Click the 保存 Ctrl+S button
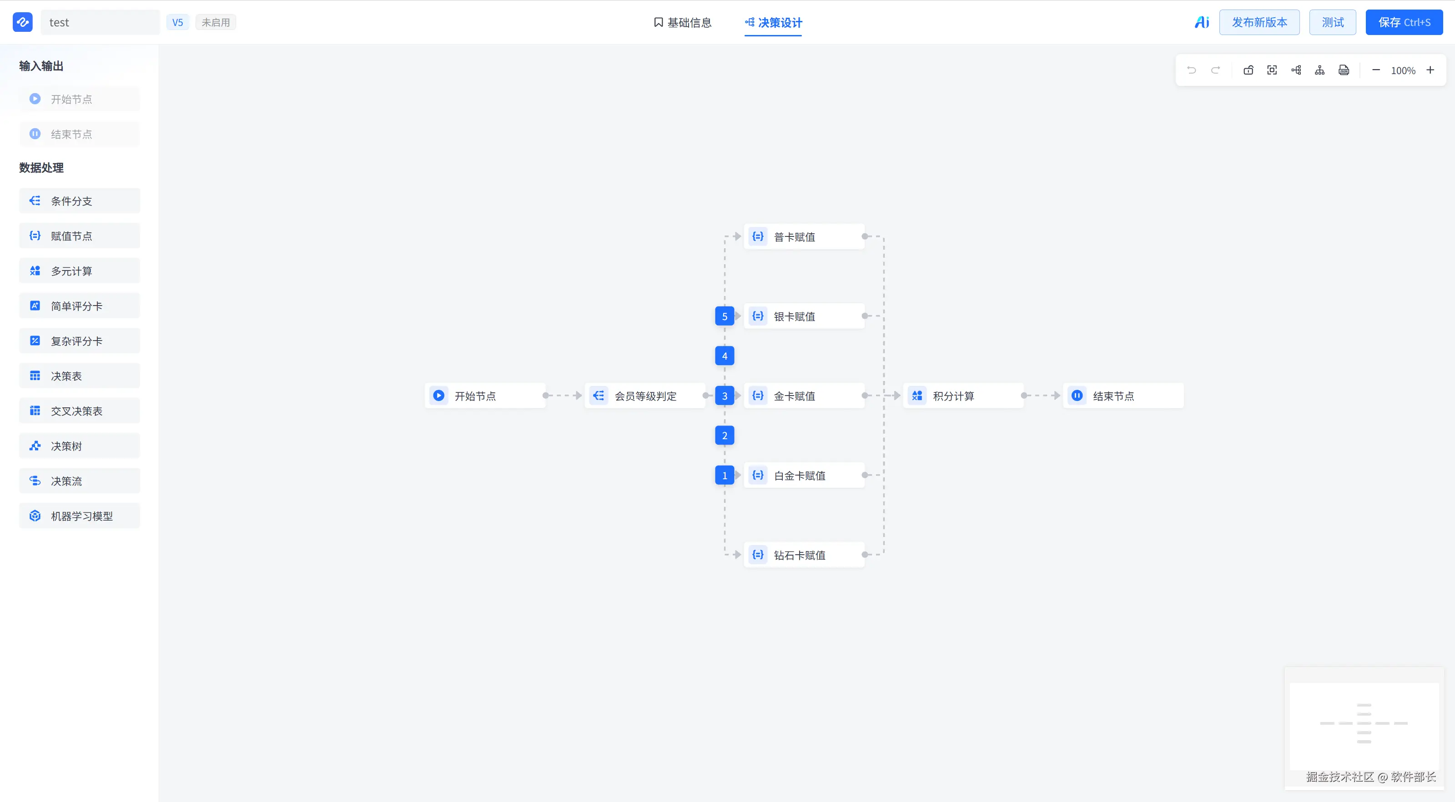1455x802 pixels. coord(1404,23)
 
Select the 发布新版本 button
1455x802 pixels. coord(1259,23)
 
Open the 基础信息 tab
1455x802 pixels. coord(682,23)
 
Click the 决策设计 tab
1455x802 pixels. coord(773,23)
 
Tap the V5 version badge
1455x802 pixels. coord(177,23)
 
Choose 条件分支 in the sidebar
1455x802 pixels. coord(80,201)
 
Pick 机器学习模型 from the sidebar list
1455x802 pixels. coord(80,516)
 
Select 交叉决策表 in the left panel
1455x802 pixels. coord(80,411)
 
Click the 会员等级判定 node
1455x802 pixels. coord(644,396)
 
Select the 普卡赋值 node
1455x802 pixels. coord(804,237)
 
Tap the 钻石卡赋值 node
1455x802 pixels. coord(804,555)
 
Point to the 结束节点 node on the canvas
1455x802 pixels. coord(1123,396)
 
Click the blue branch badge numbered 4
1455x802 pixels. coord(725,356)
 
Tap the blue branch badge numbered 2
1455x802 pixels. coord(725,436)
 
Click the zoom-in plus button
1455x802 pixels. coord(1430,70)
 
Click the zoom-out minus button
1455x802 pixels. coord(1376,70)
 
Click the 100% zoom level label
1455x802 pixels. coord(1403,70)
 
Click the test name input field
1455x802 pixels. coord(101,23)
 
